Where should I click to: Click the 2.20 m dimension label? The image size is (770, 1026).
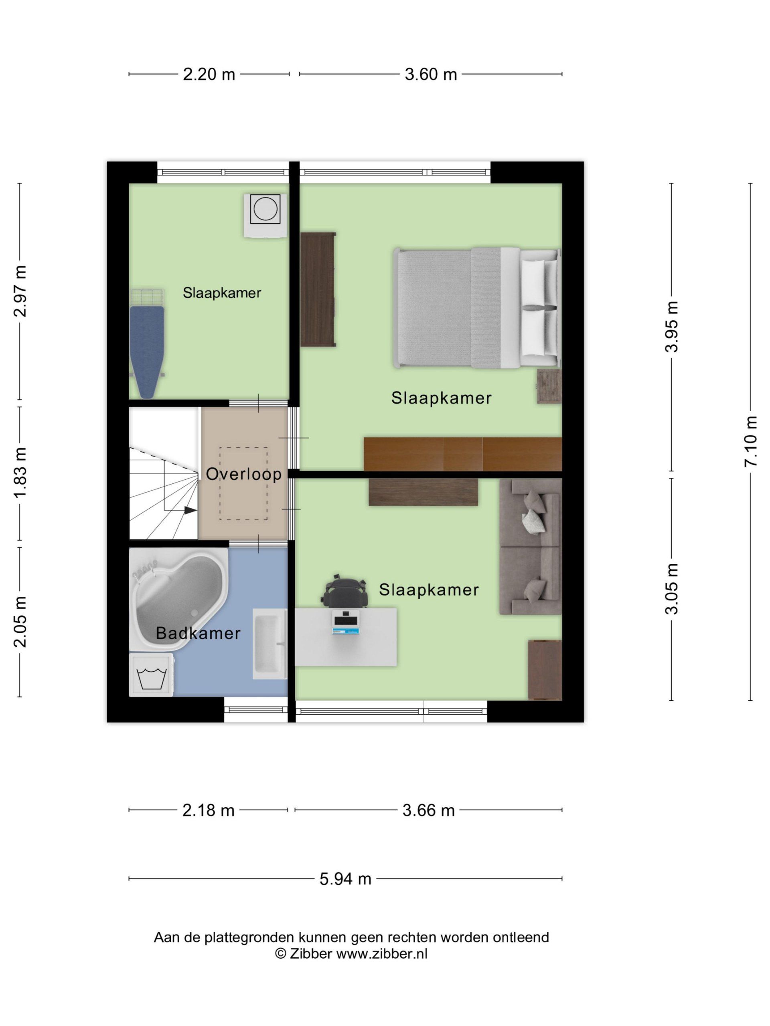click(x=209, y=74)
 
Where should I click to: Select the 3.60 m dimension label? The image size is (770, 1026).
click(x=431, y=74)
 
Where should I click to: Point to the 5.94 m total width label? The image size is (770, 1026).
click(x=345, y=879)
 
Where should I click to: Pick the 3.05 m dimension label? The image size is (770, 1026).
click(x=672, y=589)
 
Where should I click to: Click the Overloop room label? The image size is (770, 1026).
click(x=244, y=474)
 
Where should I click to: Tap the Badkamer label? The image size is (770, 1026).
click(x=198, y=633)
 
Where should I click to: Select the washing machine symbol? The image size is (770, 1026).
click(x=151, y=675)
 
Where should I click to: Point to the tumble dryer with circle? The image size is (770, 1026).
click(x=265, y=216)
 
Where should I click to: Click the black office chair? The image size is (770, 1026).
click(x=344, y=591)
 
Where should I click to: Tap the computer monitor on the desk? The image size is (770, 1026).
click(x=346, y=618)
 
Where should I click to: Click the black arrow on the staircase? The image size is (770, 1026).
click(x=191, y=510)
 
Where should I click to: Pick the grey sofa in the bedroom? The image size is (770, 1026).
click(x=531, y=547)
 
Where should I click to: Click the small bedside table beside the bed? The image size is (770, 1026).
click(x=549, y=386)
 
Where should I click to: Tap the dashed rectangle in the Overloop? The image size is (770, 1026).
click(x=244, y=483)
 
